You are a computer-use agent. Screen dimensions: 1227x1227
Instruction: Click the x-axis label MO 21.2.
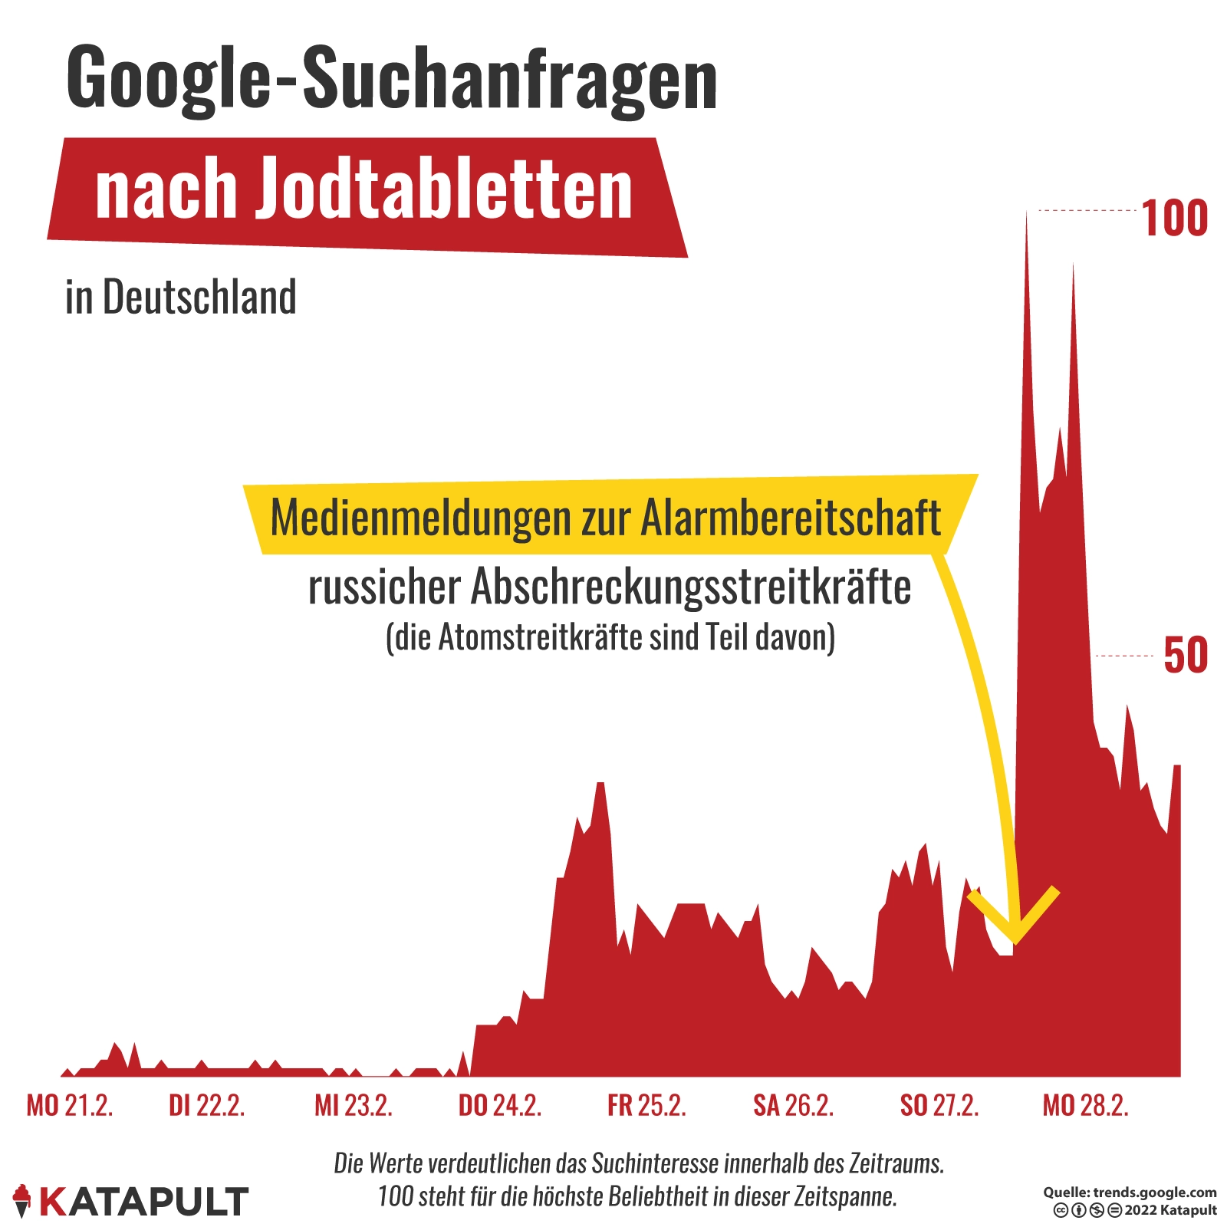70,1106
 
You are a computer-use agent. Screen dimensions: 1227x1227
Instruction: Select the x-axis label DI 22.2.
206,1106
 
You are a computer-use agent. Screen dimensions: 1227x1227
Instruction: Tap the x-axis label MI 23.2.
354,1106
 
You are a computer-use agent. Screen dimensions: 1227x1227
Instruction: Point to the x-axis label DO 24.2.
500,1106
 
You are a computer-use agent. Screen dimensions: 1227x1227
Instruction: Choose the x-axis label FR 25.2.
646,1106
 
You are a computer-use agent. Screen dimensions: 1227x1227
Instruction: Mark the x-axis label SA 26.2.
793,1106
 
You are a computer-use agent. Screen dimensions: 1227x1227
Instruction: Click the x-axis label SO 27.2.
939,1106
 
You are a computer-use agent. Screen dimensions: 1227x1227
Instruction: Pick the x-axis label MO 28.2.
1085,1106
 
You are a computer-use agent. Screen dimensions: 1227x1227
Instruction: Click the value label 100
1174,219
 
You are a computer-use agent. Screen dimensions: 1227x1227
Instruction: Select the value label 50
1185,656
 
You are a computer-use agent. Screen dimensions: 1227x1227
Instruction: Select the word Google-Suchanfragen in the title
392,80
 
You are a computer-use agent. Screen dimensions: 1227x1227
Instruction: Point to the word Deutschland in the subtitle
199,298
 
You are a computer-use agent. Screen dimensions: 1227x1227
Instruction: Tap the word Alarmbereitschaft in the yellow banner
791,518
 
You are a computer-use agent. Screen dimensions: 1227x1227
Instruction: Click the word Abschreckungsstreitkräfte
691,588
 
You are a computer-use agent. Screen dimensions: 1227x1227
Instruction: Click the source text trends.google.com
1154,1192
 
